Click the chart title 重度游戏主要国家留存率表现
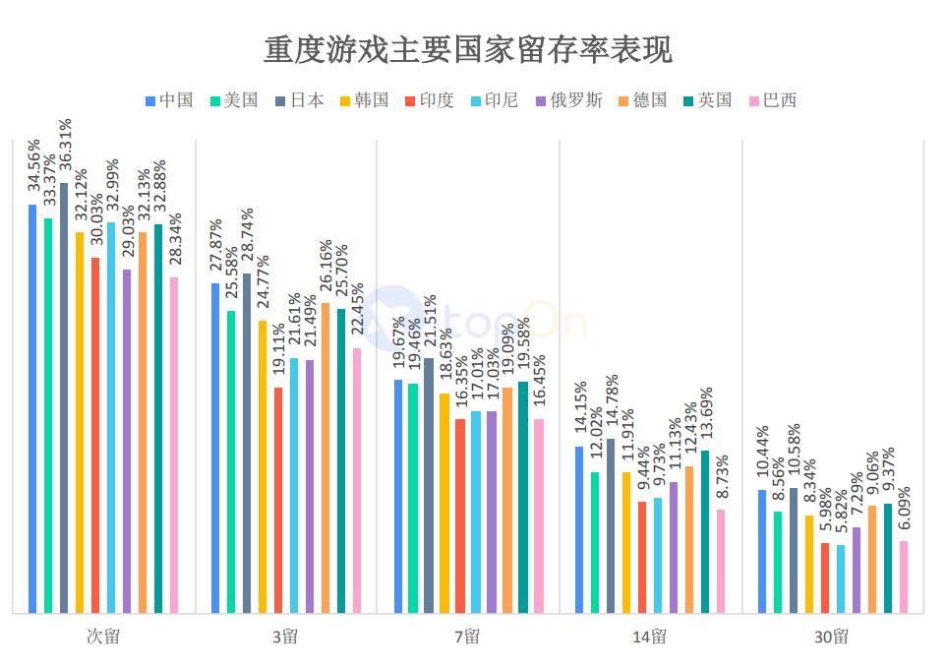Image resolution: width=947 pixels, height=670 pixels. (468, 49)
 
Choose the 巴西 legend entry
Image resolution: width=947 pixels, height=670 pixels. (772, 100)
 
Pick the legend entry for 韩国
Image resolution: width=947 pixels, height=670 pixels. (364, 100)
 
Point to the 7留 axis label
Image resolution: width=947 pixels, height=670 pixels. (467, 637)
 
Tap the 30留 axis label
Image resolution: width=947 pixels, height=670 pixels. (831, 637)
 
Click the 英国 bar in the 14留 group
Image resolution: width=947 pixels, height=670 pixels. (705, 531)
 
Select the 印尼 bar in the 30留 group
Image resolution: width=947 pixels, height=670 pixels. (841, 579)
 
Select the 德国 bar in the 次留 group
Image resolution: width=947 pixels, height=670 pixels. (143, 422)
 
